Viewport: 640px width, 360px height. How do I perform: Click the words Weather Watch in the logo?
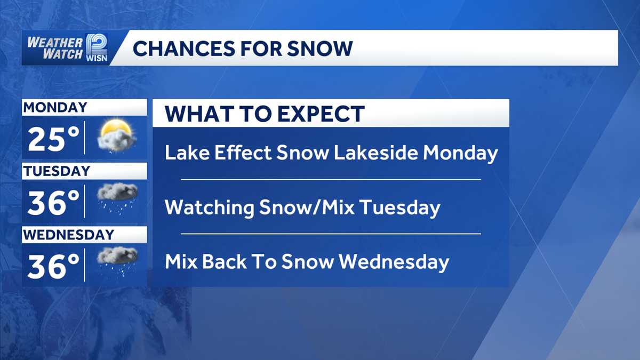click(x=54, y=48)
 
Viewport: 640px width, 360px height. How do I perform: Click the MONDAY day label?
click(x=54, y=107)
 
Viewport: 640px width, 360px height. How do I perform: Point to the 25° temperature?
click(x=53, y=140)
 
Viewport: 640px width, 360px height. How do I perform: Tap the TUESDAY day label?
click(x=57, y=171)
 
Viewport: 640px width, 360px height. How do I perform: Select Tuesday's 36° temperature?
click(x=53, y=203)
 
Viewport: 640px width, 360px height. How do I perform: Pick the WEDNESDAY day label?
click(x=69, y=235)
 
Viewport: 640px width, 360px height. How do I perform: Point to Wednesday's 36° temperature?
click(x=53, y=267)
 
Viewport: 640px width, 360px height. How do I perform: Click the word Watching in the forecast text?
click(x=209, y=207)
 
